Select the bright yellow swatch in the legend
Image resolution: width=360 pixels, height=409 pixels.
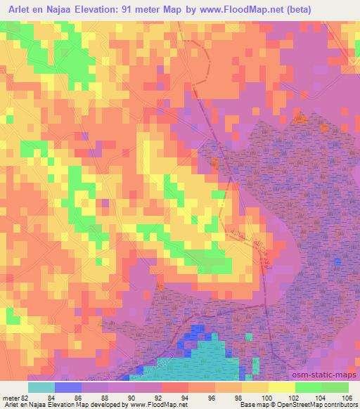point(282,387)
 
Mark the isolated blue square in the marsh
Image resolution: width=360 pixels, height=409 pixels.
point(338,261)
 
